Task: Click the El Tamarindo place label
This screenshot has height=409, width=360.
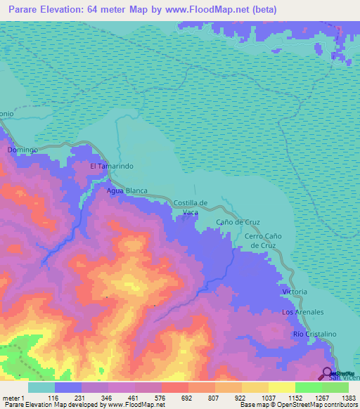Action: [x=112, y=166]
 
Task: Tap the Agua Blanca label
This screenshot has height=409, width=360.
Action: [x=125, y=190]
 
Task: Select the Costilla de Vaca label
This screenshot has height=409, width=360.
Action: [x=191, y=207]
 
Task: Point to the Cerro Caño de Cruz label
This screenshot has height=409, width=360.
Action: [x=263, y=241]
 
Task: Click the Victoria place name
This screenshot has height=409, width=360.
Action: [x=295, y=291]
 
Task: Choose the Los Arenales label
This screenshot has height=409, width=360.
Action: [x=302, y=311]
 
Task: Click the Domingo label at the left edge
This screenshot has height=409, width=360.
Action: [x=22, y=150]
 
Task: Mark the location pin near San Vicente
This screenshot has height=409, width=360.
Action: [x=328, y=372]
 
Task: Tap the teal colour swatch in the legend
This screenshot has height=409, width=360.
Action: [x=41, y=387]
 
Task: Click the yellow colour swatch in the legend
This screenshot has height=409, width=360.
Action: [x=281, y=387]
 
